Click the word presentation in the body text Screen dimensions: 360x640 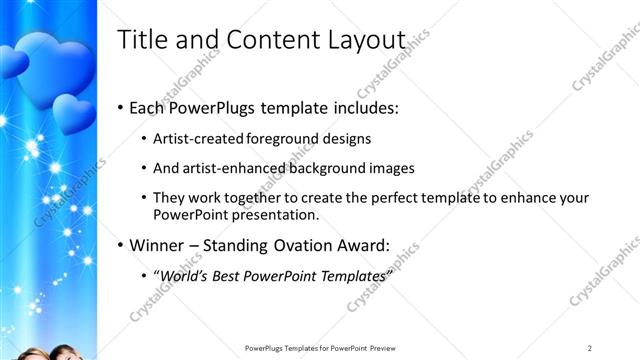click(x=284, y=214)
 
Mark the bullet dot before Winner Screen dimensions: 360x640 click(x=122, y=245)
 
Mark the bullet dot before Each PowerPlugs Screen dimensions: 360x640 click(x=122, y=108)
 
